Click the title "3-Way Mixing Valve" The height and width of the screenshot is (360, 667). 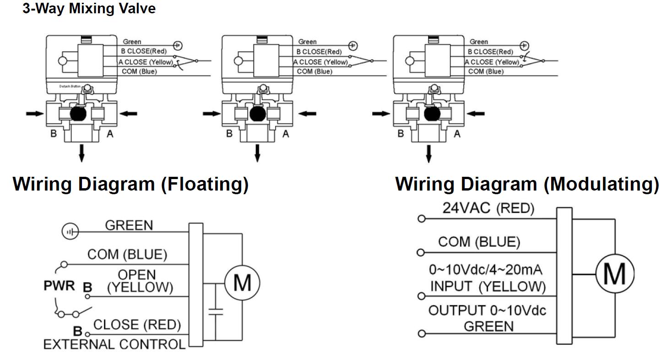coord(89,9)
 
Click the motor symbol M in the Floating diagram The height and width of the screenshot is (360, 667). coord(242,282)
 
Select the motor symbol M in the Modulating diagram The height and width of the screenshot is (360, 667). coord(614,274)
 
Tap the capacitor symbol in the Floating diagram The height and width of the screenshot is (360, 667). coord(215,312)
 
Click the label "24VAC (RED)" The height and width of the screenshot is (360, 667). coord(488,208)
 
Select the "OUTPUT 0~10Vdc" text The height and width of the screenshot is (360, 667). coord(487,311)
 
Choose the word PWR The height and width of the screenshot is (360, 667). coord(59,286)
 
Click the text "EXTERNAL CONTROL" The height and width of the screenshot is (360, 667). coord(114,344)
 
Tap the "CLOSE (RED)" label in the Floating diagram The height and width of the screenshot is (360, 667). coord(137,325)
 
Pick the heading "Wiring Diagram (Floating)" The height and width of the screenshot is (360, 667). coord(130,184)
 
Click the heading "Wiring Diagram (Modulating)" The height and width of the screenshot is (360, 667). coord(527,184)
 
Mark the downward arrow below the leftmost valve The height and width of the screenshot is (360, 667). coord(81,153)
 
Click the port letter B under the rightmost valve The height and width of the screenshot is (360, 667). coord(401,134)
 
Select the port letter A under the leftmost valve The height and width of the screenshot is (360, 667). coord(110,134)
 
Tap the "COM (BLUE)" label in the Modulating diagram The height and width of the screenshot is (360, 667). coord(479,242)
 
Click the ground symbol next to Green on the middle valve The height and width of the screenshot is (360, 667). coord(352,45)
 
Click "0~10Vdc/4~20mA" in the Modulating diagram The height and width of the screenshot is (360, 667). coord(485,270)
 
